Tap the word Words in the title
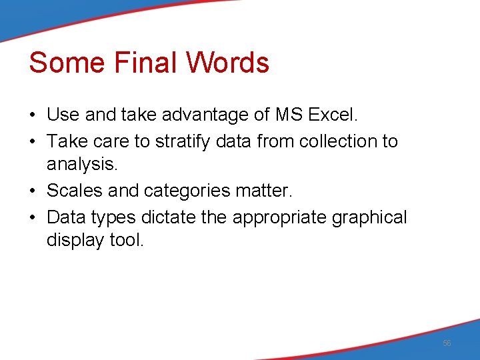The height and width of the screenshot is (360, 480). coord(227,63)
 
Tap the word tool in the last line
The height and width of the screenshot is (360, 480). coord(127,241)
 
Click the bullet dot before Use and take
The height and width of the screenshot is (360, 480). coord(33,115)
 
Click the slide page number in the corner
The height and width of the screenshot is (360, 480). coord(447,343)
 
